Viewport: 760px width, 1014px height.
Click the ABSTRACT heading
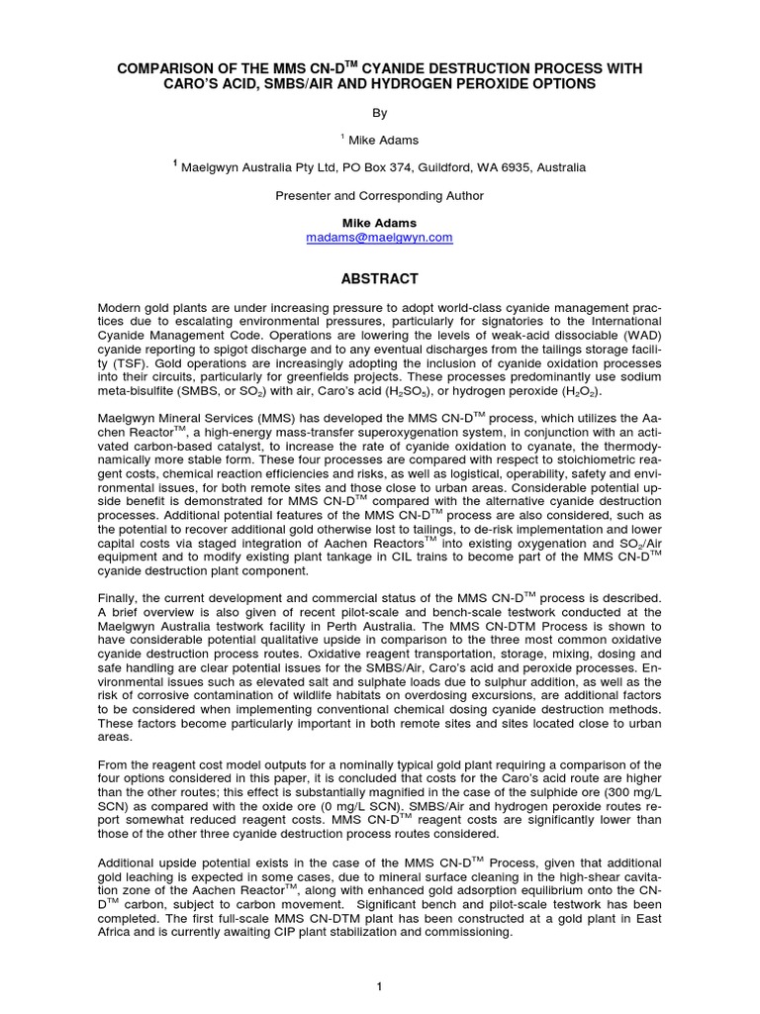tap(380, 279)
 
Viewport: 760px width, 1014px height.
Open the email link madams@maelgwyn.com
tap(380, 238)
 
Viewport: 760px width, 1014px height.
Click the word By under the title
tap(380, 113)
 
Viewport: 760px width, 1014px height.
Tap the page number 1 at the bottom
tap(380, 985)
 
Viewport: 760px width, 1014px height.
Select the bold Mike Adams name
tap(380, 224)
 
